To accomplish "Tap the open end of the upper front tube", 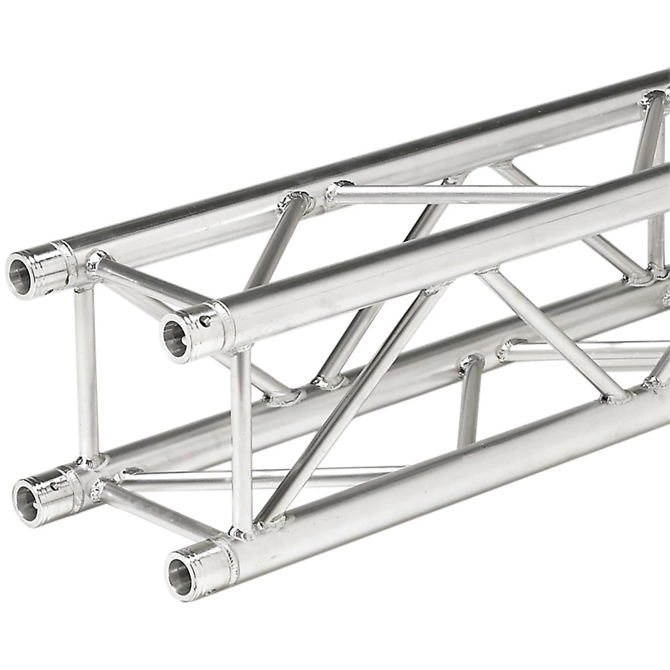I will point(175,339).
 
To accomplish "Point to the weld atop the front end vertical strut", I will point(241,350).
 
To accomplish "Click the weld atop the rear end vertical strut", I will point(85,287).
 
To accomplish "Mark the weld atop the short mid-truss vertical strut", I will point(471,362).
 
